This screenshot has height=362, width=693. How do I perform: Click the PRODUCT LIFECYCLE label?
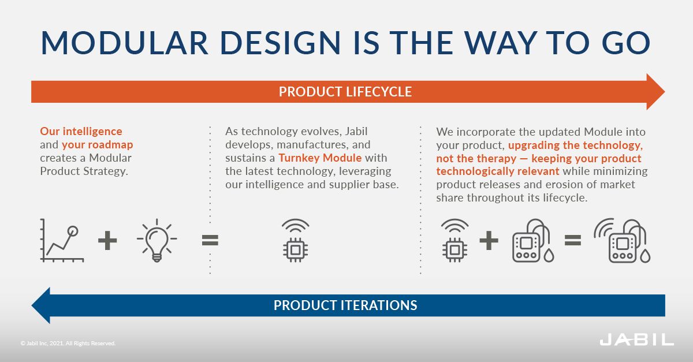tap(345, 92)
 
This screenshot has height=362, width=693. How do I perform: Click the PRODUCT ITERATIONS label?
tap(345, 305)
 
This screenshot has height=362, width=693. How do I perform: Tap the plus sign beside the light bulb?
tap(107, 240)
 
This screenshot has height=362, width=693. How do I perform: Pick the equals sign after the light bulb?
tap(210, 240)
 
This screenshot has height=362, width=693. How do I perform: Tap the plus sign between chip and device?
tap(489, 240)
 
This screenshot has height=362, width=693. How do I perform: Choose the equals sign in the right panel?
tap(572, 240)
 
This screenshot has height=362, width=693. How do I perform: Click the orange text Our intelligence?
tap(81, 132)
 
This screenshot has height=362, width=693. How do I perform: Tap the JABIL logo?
tap(636, 339)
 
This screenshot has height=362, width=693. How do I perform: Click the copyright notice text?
tap(68, 343)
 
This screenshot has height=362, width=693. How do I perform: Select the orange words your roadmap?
tap(98, 144)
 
